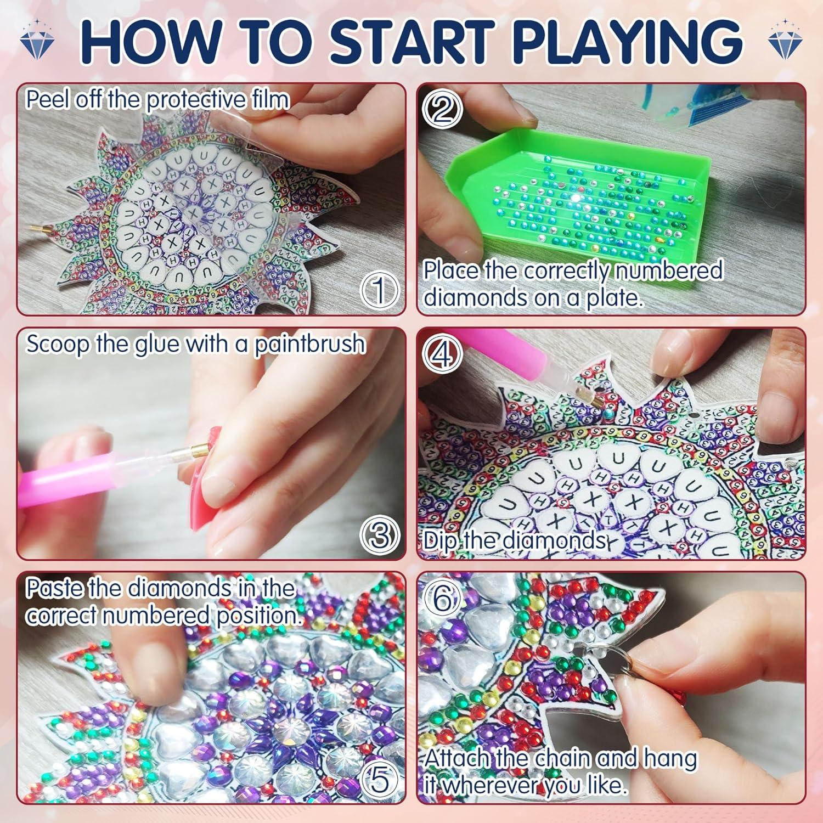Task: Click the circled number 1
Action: (378, 290)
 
